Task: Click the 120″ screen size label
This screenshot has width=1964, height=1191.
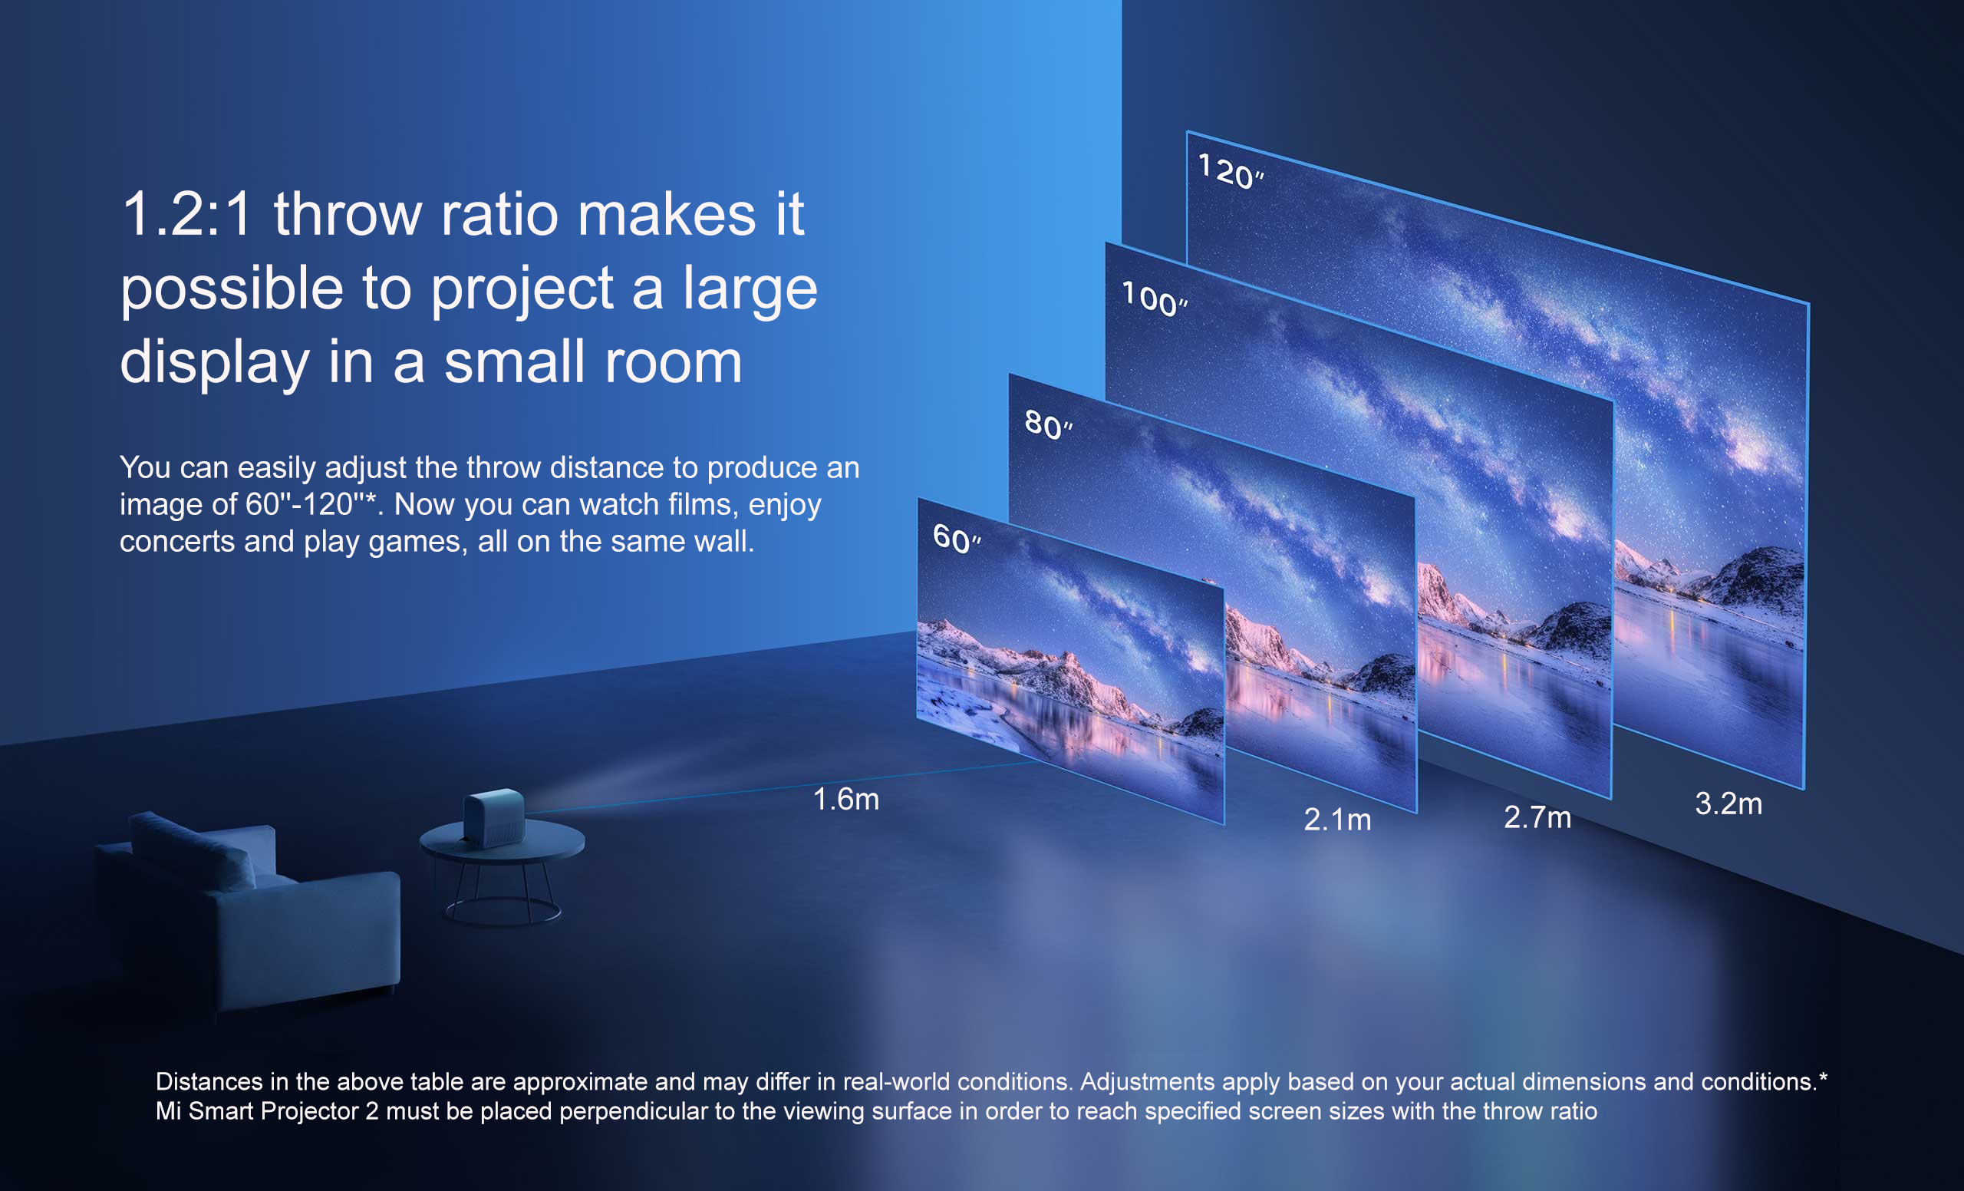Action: click(1231, 171)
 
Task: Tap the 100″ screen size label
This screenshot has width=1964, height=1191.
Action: click(1154, 299)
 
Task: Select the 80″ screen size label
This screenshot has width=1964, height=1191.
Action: click(1048, 424)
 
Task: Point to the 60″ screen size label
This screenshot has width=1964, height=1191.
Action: click(957, 539)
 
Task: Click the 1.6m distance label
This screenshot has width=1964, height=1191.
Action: click(845, 799)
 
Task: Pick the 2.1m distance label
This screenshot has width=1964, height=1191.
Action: click(1337, 820)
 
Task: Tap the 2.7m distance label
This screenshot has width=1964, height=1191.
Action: click(1537, 817)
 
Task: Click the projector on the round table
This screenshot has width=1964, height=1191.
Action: click(494, 817)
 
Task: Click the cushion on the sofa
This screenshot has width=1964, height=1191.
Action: click(193, 850)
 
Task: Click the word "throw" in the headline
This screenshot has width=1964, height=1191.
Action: click(348, 213)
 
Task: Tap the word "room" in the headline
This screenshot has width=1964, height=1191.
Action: click(673, 363)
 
